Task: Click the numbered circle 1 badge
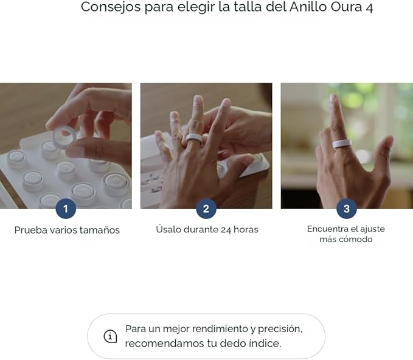click(x=66, y=209)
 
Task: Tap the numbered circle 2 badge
click(x=206, y=209)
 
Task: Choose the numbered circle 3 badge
click(x=347, y=209)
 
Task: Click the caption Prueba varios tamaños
click(x=67, y=230)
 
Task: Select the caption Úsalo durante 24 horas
click(x=207, y=229)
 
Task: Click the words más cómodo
click(x=345, y=240)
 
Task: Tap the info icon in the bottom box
click(x=110, y=336)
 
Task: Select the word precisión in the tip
click(x=279, y=329)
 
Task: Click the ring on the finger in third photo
click(x=341, y=144)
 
